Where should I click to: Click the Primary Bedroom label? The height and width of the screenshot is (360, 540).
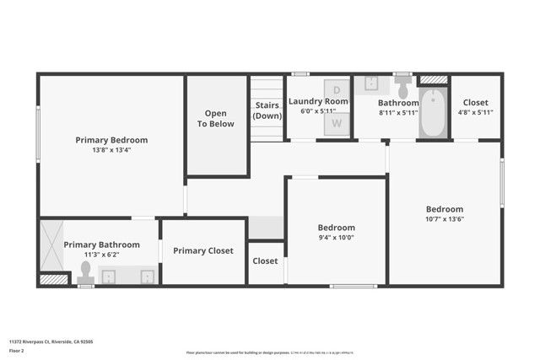(111, 140)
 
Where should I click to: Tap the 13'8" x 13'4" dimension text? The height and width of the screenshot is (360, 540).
(111, 150)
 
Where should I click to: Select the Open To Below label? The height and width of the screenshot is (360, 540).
(216, 118)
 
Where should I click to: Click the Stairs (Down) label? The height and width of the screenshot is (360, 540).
(267, 110)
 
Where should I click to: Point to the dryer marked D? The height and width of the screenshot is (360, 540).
(337, 89)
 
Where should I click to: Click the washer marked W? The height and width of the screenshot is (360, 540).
(337, 123)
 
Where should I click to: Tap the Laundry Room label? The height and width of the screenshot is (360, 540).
(318, 101)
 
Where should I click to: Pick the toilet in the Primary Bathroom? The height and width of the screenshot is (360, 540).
(85, 271)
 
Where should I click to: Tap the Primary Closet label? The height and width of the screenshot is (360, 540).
(203, 250)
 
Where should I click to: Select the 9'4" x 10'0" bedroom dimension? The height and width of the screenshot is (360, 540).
(336, 237)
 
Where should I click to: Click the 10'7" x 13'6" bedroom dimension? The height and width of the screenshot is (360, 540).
(444, 219)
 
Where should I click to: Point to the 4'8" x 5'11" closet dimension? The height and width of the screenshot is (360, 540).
(476, 112)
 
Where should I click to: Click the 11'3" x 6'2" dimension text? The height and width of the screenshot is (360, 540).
(102, 254)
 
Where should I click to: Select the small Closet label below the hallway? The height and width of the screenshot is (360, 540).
(265, 261)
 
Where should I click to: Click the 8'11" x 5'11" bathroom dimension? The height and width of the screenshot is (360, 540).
(398, 112)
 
